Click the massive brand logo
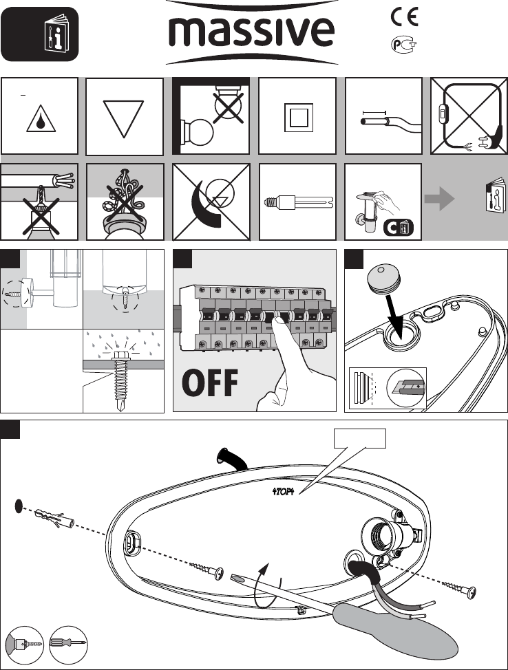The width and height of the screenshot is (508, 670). point(252,32)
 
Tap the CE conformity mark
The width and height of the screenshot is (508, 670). point(405,17)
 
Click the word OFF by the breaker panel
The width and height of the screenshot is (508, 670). point(210,383)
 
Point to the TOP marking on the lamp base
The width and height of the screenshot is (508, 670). point(284,490)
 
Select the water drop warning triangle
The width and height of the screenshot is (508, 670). point(40,121)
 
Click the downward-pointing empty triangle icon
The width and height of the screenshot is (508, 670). point(124,118)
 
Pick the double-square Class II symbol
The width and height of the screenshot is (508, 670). point(297,116)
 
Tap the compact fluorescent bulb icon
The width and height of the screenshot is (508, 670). point(299,202)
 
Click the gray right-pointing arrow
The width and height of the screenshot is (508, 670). point(440,198)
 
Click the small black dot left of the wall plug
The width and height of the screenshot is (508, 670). point(19,506)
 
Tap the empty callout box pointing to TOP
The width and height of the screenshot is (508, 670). point(359,438)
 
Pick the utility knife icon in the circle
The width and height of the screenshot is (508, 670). point(405,387)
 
